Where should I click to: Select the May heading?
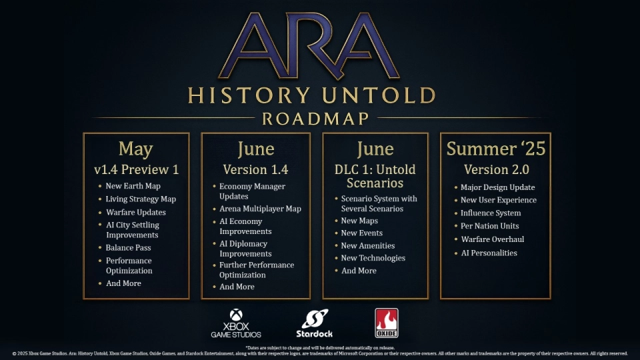pos(136,149)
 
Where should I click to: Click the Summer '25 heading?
pos(495,149)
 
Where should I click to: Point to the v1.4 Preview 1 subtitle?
pos(136,169)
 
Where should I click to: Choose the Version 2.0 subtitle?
pos(495,169)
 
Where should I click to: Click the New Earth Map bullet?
pos(133,186)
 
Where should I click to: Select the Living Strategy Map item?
pos(141,199)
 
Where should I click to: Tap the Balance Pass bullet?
pos(128,248)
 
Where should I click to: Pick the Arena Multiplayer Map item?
pos(260,209)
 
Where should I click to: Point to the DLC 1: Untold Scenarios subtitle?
pos(375,176)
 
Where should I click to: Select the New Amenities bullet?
pos(368,246)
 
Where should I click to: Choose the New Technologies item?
pos(373,258)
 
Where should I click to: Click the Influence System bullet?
pos(491,213)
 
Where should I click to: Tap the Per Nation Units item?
pos(489,226)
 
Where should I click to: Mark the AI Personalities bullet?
pos(489,253)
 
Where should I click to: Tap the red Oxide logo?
pos(387,323)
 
